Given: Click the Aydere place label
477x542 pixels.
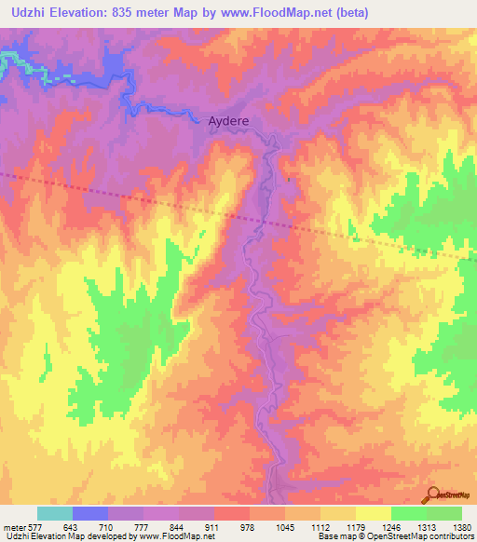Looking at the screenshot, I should point(228,121).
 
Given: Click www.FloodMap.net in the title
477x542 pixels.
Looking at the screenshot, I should point(279,13).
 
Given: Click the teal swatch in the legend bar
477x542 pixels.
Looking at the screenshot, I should point(55,513).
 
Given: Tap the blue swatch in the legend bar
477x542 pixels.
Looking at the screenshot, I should point(90,513).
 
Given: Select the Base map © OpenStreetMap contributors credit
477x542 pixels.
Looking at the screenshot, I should point(394,536).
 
